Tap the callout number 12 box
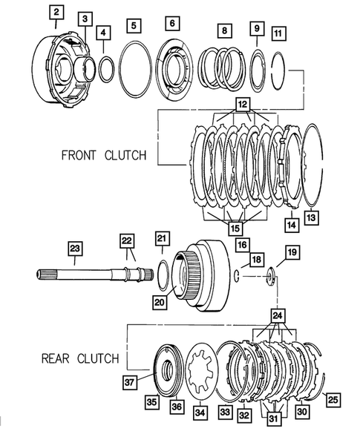click(240, 105)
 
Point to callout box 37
click(131, 382)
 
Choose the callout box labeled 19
click(291, 253)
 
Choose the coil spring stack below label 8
click(222, 68)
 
